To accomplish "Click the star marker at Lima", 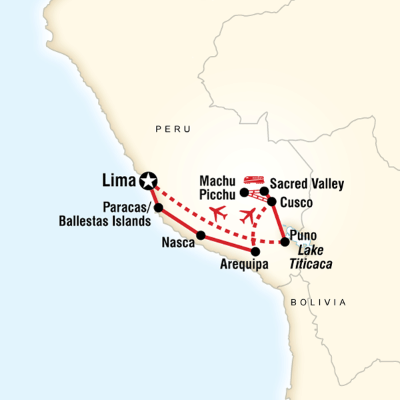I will coord(148,179).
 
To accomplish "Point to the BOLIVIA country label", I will coord(319,302).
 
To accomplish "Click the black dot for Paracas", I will coord(159,207).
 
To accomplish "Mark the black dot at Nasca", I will coord(201,235).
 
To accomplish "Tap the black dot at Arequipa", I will coord(255,251).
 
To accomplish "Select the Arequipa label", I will coord(244,265).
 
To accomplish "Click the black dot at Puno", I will coord(285,242).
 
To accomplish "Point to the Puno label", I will coord(304,236).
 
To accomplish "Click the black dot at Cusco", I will coord(272,201).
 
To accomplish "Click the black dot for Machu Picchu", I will coord(244,193).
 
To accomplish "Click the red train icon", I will coord(252,179).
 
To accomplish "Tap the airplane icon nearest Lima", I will coord(217,213).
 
